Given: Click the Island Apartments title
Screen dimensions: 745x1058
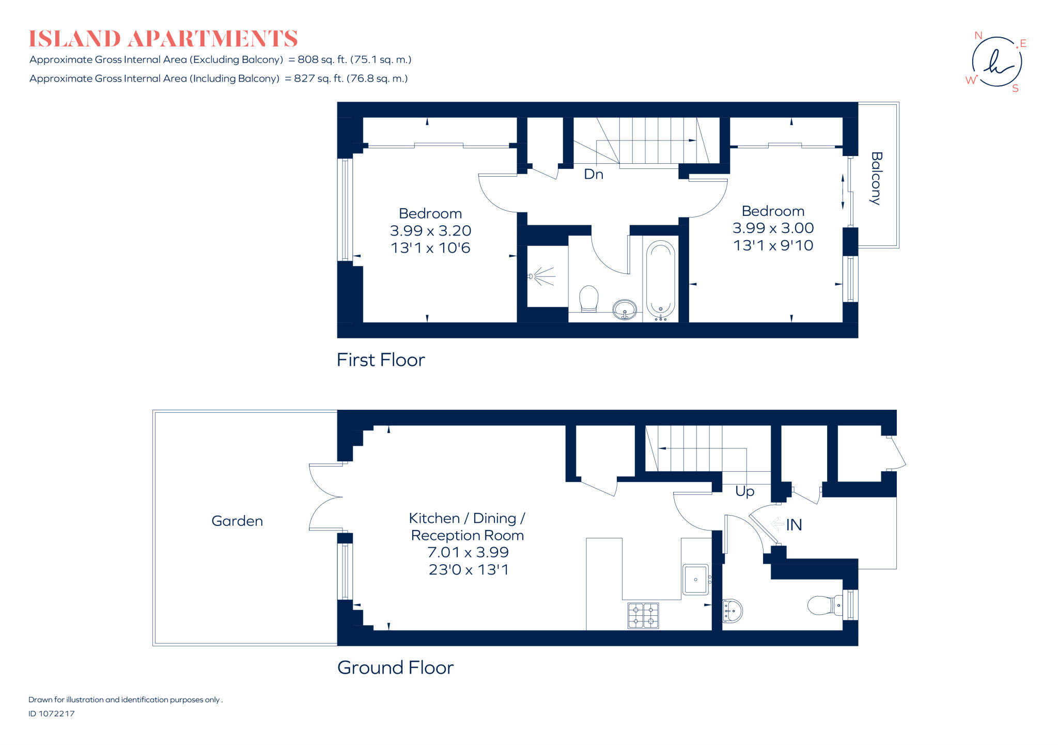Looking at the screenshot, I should [163, 39].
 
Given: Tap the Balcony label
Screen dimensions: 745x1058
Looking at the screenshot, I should [876, 178].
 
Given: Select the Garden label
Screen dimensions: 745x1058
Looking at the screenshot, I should [237, 521].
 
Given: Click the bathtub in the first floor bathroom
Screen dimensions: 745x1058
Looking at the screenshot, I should [660, 280].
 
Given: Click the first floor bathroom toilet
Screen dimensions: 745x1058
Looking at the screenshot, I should [588, 299].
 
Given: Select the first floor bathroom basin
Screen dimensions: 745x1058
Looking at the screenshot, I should [625, 309].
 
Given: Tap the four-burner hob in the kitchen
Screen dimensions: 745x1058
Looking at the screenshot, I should [643, 615].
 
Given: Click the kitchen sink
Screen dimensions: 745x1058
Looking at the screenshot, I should [695, 580].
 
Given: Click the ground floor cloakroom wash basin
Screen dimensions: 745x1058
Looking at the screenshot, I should [732, 611].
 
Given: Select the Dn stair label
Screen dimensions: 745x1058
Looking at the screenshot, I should [594, 174].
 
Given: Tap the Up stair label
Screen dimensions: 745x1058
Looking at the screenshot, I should [744, 491].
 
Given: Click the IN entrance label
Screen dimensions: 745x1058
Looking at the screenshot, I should [794, 525].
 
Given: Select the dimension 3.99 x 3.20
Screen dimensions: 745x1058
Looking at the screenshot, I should [430, 230].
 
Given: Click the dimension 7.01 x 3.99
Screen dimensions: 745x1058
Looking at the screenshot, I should [468, 552].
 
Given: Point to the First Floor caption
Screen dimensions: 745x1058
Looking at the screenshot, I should [381, 360].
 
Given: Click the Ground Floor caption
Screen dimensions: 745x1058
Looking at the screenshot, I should [395, 668].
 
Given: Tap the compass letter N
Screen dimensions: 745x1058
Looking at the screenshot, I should [978, 36].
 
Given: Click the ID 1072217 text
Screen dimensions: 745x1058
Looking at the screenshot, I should [52, 713].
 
